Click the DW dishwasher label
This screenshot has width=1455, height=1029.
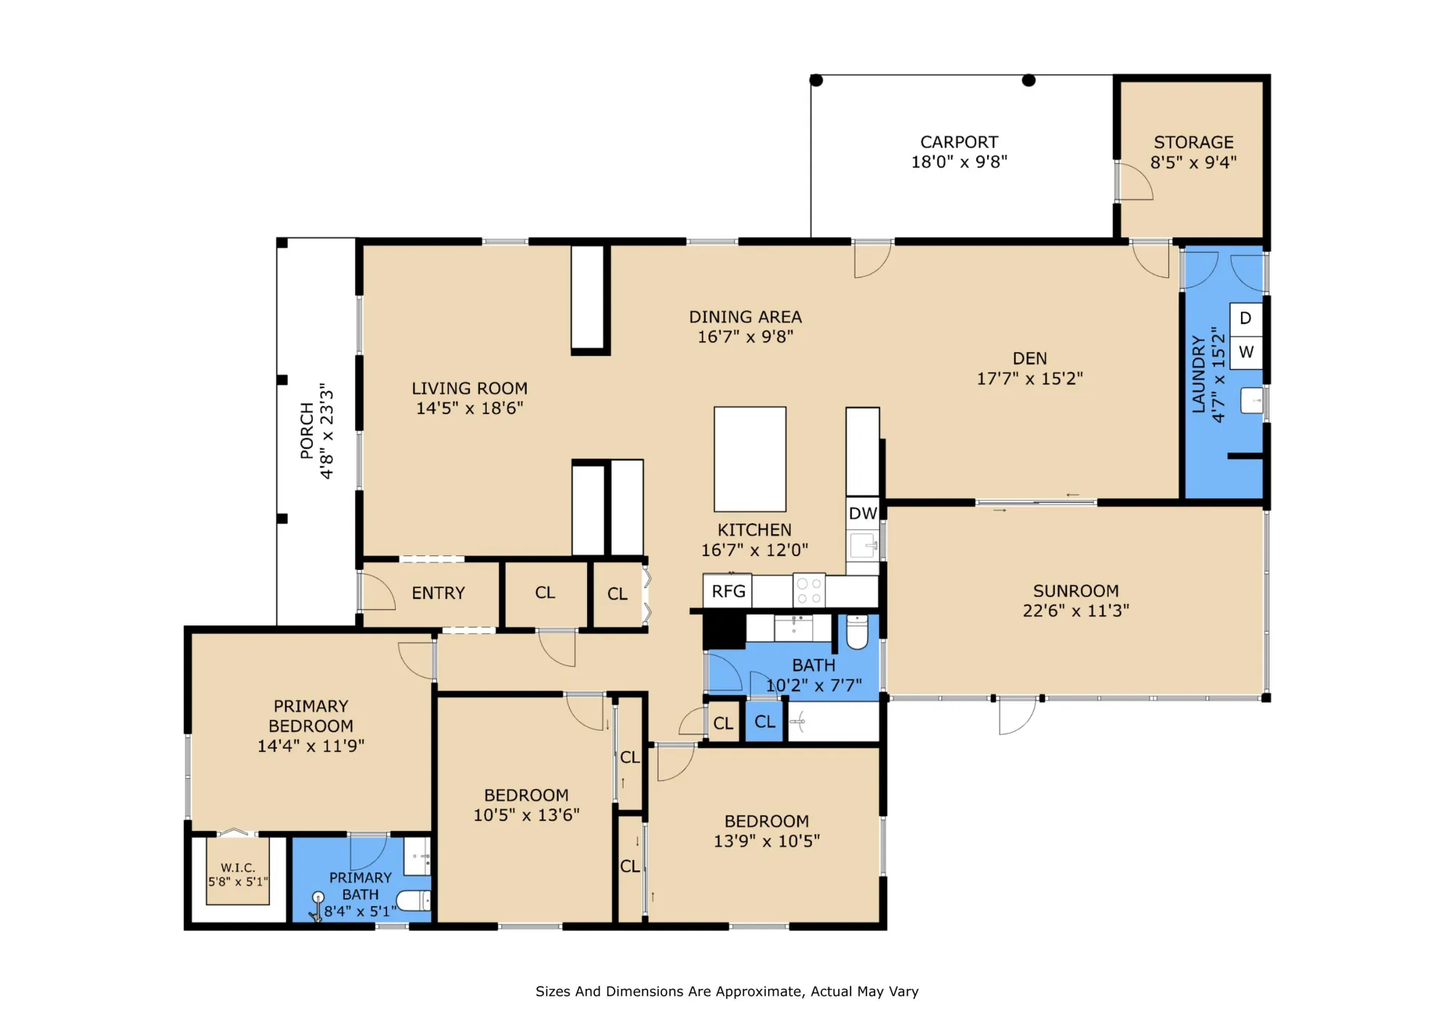pyautogui.click(x=863, y=513)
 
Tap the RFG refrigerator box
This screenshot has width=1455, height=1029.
pyautogui.click(x=727, y=591)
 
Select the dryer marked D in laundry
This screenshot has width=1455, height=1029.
pyautogui.click(x=1245, y=319)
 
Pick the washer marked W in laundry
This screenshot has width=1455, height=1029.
pyautogui.click(x=1245, y=352)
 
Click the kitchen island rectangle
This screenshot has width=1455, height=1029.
pyautogui.click(x=750, y=459)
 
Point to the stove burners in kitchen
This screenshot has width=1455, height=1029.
pyautogui.click(x=808, y=590)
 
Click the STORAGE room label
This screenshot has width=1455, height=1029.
pyautogui.click(x=1194, y=143)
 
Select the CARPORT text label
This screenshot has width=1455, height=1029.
pyautogui.click(x=959, y=143)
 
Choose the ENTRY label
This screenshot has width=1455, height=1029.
pyautogui.click(x=438, y=593)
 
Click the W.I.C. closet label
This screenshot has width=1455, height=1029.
pyautogui.click(x=238, y=867)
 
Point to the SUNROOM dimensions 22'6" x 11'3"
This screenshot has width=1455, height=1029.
pyautogui.click(x=1076, y=611)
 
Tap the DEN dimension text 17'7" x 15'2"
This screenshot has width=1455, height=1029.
pyautogui.click(x=1029, y=378)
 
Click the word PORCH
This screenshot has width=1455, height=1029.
pyautogui.click(x=307, y=431)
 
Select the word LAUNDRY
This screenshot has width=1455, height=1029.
pyautogui.click(x=1198, y=374)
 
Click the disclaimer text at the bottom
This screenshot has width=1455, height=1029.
pyautogui.click(x=727, y=991)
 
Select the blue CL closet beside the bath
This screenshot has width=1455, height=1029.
pyautogui.click(x=764, y=722)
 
